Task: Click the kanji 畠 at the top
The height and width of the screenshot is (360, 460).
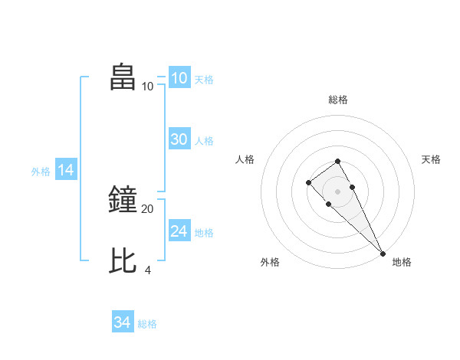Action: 123,77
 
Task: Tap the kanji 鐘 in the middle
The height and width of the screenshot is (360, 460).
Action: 123,200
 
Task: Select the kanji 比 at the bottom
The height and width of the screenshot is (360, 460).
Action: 123,261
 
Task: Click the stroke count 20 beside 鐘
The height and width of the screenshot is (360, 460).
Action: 147,208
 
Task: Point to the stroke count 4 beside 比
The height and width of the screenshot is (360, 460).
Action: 147,270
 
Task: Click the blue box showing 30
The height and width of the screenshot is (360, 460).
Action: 179,139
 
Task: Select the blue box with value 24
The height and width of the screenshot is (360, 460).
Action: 179,231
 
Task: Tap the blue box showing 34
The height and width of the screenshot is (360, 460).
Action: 123,322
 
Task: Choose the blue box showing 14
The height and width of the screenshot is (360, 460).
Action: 66,170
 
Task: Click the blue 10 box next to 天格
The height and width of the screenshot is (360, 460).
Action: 179,78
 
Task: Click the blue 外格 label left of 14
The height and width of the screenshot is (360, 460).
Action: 41,172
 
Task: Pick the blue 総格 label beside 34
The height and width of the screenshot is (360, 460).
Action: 147,324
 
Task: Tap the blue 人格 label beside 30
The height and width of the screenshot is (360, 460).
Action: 204,141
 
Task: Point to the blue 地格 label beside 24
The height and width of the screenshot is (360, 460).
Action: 204,233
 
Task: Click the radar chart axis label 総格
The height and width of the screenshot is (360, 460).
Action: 338,100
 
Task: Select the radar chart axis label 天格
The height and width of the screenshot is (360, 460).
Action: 431,159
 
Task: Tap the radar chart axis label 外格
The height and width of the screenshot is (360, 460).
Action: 270,262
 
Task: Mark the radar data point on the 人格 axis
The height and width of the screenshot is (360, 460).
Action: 308,182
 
